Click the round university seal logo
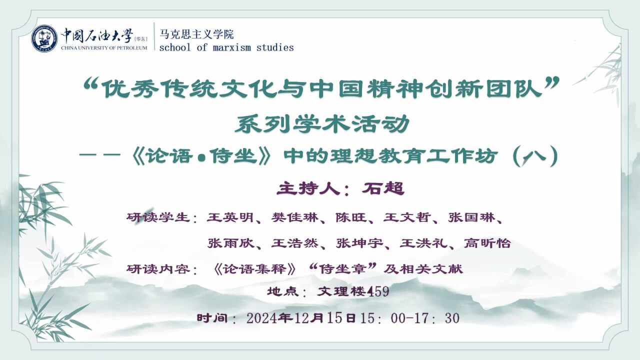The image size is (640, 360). click(x=44, y=38)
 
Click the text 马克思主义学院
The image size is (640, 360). click(x=196, y=34)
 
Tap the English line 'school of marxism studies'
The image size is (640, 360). click(x=226, y=47)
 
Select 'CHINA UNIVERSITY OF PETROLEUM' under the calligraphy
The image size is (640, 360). click(x=104, y=48)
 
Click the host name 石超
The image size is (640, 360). click(x=383, y=188)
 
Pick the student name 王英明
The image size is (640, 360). click(x=230, y=217)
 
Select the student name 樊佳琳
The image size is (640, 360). click(x=294, y=217)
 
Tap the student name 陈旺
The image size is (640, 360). click(x=351, y=217)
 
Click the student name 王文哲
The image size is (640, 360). click(x=407, y=217)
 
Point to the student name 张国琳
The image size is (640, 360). click(x=471, y=217)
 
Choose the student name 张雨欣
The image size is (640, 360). click(x=230, y=243)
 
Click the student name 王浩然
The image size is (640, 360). click(x=295, y=243)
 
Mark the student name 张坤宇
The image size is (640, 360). click(x=359, y=243)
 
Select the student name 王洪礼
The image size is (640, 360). click(x=423, y=243)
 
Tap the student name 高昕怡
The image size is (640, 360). click(x=487, y=243)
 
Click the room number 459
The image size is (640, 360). click(x=377, y=291)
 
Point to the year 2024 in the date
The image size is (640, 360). click(x=261, y=318)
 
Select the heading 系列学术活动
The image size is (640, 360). click(x=322, y=124)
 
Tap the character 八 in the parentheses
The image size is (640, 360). click(x=535, y=156)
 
